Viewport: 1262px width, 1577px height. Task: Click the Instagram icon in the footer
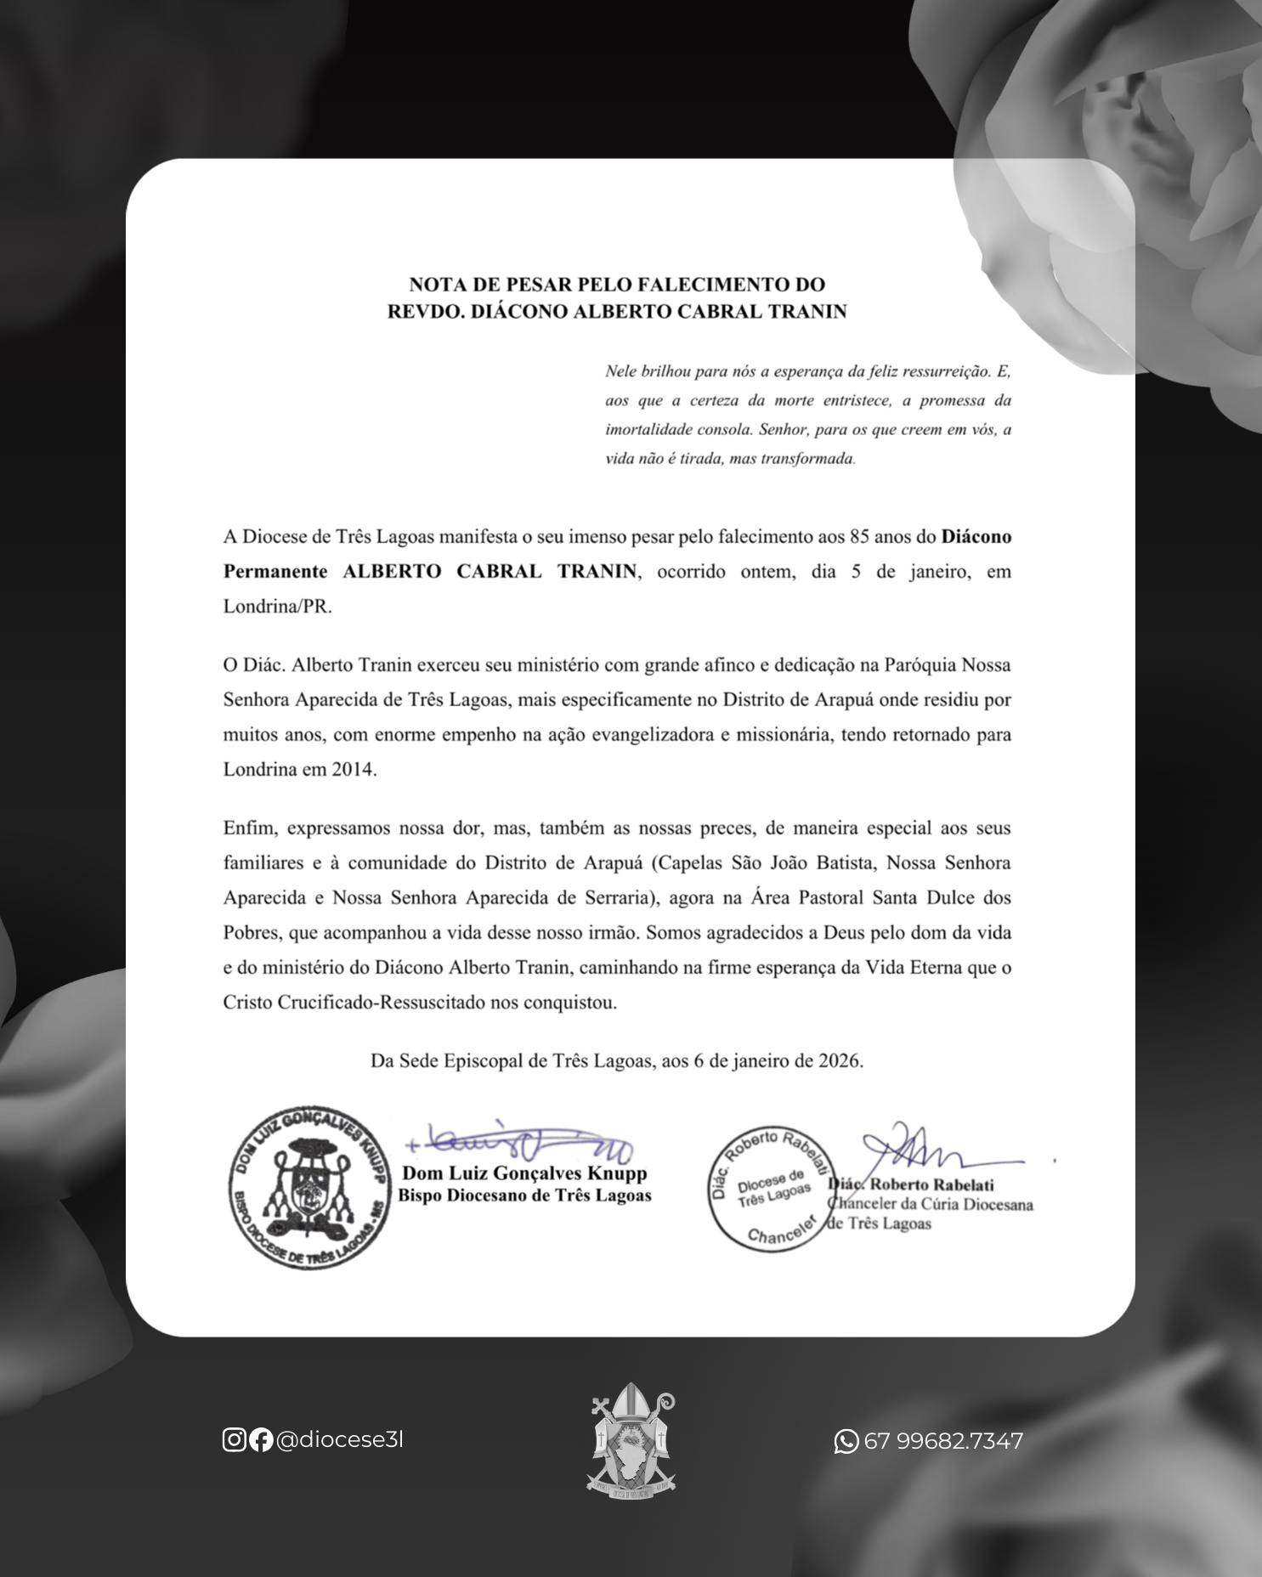[234, 1439]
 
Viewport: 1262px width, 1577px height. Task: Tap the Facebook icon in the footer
[261, 1439]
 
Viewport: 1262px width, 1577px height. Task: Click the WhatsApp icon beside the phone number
[846, 1441]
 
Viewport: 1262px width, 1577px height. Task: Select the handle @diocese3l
[339, 1439]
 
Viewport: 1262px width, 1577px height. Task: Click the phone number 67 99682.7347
[943, 1441]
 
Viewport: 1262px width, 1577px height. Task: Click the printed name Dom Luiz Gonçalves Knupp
[524, 1173]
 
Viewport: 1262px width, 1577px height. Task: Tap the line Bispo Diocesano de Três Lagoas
[524, 1195]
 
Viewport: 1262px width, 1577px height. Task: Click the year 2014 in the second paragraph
[354, 770]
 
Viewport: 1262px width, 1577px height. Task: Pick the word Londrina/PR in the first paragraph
[277, 607]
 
